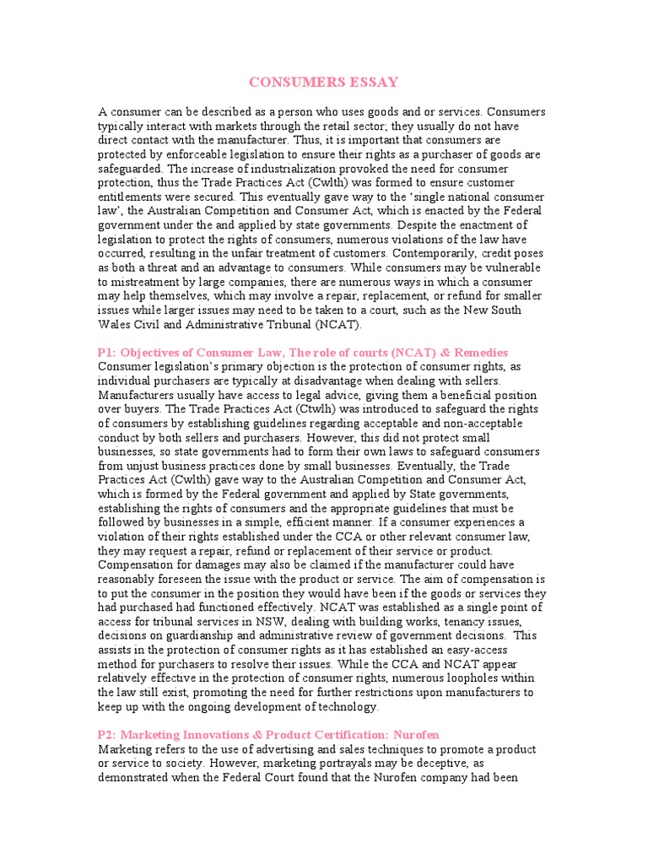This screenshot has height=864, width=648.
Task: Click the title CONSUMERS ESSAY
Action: pos(323,82)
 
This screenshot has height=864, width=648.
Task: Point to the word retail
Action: pos(342,126)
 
